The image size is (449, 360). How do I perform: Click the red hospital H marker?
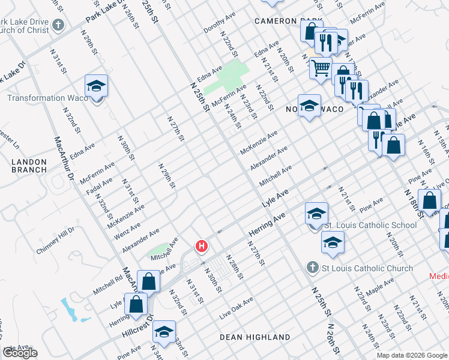click(202, 246)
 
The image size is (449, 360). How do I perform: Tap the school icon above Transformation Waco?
click(95, 86)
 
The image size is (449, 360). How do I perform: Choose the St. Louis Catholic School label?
click(370, 225)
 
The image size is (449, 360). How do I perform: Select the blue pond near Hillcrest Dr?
click(70, 309)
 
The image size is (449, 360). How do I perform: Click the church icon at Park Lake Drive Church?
click(58, 25)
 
